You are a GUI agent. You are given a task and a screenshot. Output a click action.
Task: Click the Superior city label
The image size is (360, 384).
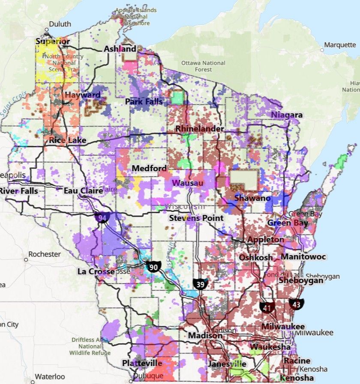(52, 42)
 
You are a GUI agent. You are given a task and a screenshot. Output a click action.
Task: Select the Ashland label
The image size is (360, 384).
(120, 49)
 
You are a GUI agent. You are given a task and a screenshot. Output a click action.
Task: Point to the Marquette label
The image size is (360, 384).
(340, 45)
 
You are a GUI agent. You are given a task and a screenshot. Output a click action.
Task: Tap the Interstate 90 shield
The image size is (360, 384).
(153, 267)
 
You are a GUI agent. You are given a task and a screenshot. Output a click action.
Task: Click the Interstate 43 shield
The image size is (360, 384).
(296, 304)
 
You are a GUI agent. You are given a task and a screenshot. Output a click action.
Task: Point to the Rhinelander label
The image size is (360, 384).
(200, 128)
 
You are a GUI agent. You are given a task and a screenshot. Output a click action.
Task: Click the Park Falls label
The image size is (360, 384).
(144, 101)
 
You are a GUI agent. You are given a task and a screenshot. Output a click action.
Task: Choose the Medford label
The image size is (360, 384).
(149, 168)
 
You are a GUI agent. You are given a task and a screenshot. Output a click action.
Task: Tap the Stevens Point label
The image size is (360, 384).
(196, 218)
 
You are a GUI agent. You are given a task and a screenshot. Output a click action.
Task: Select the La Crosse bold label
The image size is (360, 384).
(96, 271)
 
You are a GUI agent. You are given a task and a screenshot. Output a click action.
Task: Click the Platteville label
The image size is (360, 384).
(142, 363)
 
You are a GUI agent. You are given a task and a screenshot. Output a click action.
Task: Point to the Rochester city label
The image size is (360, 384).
(45, 254)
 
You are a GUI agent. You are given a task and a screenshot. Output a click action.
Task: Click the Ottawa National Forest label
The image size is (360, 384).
(203, 66)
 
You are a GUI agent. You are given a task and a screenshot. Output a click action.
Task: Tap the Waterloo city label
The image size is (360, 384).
(50, 377)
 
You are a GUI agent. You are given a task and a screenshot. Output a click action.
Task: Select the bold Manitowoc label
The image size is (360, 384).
(303, 257)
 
